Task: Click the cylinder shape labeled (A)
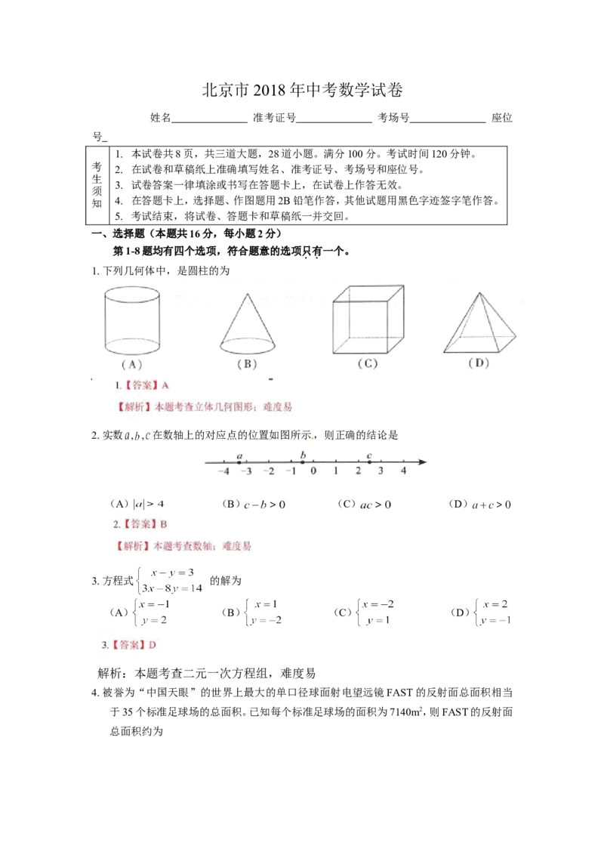point(132,321)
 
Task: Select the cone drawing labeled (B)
point(248,324)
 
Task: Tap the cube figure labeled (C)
point(368,319)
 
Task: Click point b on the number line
point(303,461)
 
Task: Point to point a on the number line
point(240,461)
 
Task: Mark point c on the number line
point(370,461)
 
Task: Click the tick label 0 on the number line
point(313,471)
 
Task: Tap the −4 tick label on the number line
point(223,471)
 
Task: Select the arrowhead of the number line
point(422,461)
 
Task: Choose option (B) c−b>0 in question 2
point(254,505)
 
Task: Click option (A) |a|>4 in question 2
point(137,505)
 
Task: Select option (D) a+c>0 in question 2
point(479,505)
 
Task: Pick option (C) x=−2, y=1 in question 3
point(364,613)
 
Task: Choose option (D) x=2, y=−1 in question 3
point(481,613)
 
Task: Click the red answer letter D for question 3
point(152,645)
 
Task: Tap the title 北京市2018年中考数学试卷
point(303,90)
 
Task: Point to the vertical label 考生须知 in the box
point(97,185)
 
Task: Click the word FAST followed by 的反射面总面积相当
point(399,693)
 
